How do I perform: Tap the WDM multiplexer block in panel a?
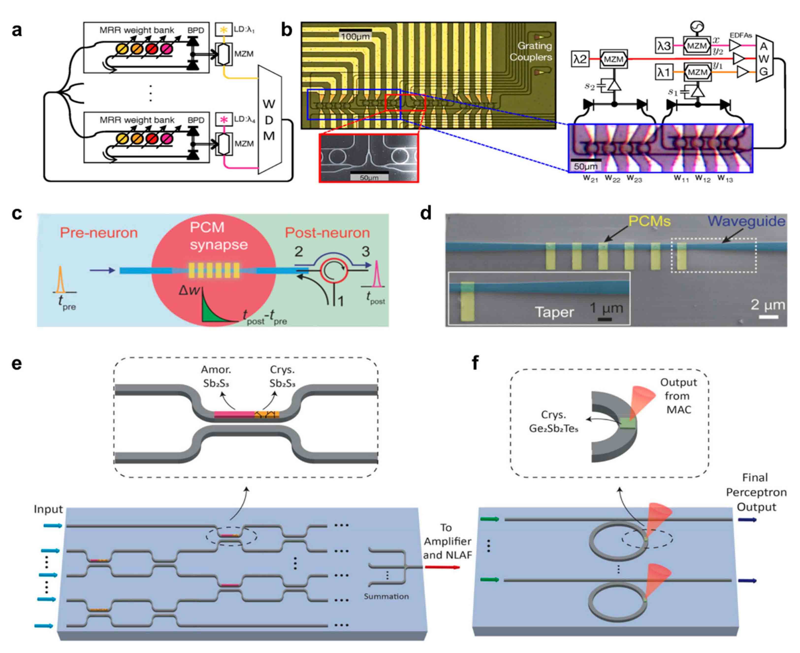pyautogui.click(x=269, y=120)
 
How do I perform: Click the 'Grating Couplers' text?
pyautogui.click(x=531, y=52)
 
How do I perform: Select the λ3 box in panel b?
pyautogui.click(x=664, y=46)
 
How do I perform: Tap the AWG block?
pyautogui.click(x=764, y=59)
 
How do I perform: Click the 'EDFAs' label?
pyautogui.click(x=740, y=35)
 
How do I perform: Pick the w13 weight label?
pyautogui.click(x=725, y=178)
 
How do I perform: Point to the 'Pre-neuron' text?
pyautogui.click(x=99, y=233)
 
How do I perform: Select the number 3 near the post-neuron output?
pyautogui.click(x=365, y=251)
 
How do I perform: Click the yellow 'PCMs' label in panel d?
pyautogui.click(x=649, y=221)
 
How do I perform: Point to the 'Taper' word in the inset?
pyautogui.click(x=554, y=312)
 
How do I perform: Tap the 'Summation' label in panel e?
pyautogui.click(x=386, y=596)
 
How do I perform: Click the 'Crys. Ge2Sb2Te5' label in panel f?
pyautogui.click(x=553, y=421)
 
